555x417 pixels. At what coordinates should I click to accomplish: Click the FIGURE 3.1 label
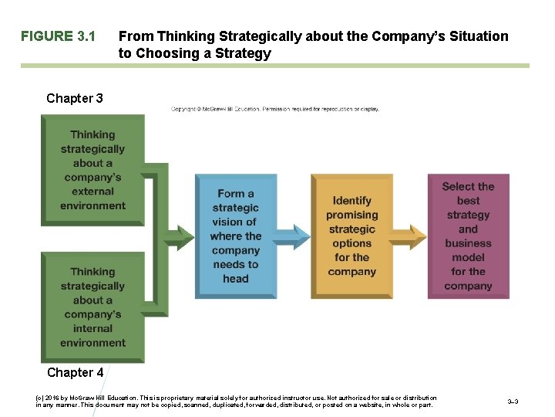pyautogui.click(x=58, y=36)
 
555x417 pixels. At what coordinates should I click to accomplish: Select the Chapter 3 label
pyautogui.click(x=75, y=98)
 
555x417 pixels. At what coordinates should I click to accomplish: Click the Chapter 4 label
pyautogui.click(x=75, y=372)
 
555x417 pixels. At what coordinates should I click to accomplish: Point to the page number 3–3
pyautogui.click(x=513, y=402)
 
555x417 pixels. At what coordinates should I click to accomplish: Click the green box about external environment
pyautogui.click(x=92, y=170)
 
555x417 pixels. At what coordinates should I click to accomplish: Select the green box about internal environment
pyautogui.click(x=92, y=307)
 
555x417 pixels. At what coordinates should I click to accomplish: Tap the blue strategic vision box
pyautogui.click(x=235, y=236)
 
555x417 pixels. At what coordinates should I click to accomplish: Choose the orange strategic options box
pyautogui.click(x=351, y=236)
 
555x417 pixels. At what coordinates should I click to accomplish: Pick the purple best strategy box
pyautogui.click(x=468, y=236)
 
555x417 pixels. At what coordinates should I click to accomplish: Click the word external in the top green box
pyautogui.click(x=92, y=192)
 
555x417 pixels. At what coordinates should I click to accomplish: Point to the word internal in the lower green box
pyautogui.click(x=92, y=328)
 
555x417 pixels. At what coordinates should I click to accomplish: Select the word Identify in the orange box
pyautogui.click(x=351, y=201)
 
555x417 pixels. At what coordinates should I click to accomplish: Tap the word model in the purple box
pyautogui.click(x=468, y=257)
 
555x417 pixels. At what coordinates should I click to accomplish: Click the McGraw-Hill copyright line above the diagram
pyautogui.click(x=275, y=109)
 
